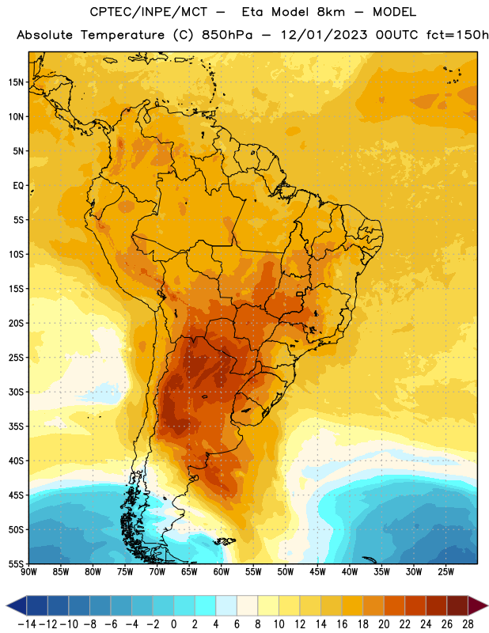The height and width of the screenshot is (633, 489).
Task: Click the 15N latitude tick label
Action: click(x=16, y=82)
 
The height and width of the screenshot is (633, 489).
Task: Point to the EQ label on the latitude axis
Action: click(x=18, y=186)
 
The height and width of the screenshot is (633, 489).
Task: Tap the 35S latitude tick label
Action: click(x=16, y=426)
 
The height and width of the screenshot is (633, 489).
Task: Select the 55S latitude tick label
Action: click(x=16, y=563)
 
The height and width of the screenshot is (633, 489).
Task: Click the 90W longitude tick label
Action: click(x=28, y=571)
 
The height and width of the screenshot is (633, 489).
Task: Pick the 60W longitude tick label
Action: click(x=222, y=571)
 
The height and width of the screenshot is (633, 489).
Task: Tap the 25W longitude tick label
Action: click(x=445, y=571)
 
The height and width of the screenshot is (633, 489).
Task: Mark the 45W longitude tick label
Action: click(x=317, y=571)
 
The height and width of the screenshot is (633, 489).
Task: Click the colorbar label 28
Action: click(x=468, y=624)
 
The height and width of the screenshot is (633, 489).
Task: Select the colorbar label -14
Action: click(x=27, y=624)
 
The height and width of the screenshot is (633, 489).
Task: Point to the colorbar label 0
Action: click(x=173, y=624)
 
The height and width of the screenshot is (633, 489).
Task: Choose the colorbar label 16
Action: click(x=342, y=624)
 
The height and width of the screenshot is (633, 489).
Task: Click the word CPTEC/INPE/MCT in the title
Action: click(x=148, y=13)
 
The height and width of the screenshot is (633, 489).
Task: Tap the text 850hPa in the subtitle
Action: click(x=227, y=35)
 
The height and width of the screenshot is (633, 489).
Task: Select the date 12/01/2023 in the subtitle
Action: click(x=324, y=35)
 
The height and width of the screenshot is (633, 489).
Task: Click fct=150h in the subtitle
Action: click(x=457, y=35)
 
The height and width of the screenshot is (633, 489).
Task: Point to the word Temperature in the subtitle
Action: click(x=123, y=36)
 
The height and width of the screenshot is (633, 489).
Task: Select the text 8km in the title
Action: click(x=331, y=13)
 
